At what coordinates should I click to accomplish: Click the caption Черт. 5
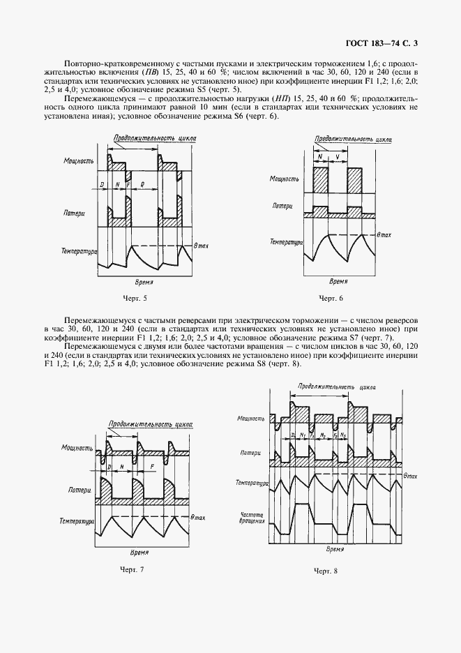click(x=135, y=299)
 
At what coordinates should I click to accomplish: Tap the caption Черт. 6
click(x=331, y=299)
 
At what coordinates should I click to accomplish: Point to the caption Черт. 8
click(x=326, y=571)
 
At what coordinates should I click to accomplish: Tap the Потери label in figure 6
click(x=283, y=207)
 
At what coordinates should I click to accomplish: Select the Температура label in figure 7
click(x=77, y=520)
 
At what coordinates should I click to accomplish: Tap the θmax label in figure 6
click(x=384, y=235)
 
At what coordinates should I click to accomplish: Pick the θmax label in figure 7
click(x=199, y=516)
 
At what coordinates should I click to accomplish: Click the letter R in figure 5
click(x=142, y=185)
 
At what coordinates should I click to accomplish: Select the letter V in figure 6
click(x=338, y=157)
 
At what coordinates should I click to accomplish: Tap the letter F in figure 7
click(x=153, y=465)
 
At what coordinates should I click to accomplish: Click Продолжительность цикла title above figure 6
click(x=353, y=139)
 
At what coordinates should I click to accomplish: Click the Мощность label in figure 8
click(x=251, y=419)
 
